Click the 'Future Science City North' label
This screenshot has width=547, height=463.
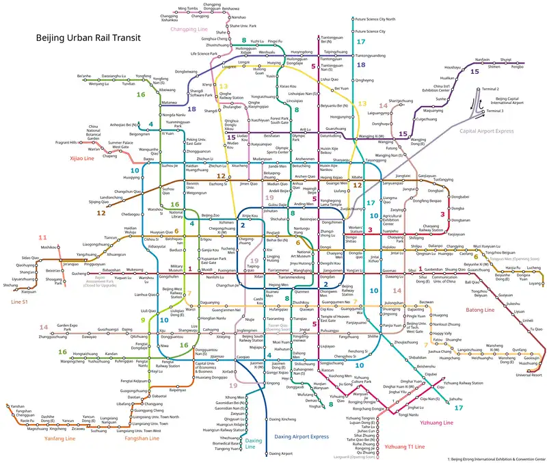pyautogui.click(x=375, y=20)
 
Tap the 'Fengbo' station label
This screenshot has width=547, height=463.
pyautogui.click(x=517, y=66)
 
